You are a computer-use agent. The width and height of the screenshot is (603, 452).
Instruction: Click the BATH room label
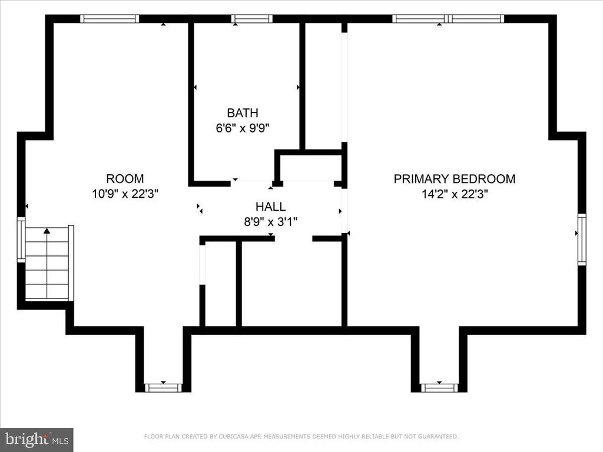pyautogui.click(x=242, y=112)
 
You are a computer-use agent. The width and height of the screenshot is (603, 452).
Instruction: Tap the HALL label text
pyautogui.click(x=271, y=207)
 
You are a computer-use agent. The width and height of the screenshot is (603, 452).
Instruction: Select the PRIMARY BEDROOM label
pyautogui.click(x=455, y=179)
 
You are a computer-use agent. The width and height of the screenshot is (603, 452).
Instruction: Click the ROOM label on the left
pyautogui.click(x=125, y=179)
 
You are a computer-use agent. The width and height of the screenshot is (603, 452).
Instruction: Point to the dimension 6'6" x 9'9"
pyautogui.click(x=242, y=128)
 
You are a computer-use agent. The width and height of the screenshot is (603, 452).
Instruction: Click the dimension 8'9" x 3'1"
pyautogui.click(x=271, y=222)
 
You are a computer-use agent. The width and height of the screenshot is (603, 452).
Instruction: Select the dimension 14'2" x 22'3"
pyautogui.click(x=455, y=194)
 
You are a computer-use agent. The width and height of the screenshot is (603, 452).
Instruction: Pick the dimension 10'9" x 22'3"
pyautogui.click(x=125, y=193)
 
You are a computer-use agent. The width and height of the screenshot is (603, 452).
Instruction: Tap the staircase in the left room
pyautogui.click(x=47, y=263)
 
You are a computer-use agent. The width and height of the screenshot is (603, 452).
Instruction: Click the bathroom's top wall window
pyautogui.click(x=252, y=19)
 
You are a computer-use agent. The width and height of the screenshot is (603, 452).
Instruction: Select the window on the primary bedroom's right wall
pyautogui.click(x=582, y=240)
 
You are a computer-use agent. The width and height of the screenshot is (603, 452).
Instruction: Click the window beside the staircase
pyautogui.click(x=21, y=240)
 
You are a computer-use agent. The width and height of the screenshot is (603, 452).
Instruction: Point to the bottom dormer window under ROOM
pyautogui.click(x=163, y=387)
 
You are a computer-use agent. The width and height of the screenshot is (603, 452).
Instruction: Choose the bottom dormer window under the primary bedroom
pyautogui.click(x=439, y=387)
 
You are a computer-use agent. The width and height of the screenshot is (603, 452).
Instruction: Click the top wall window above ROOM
pyautogui.click(x=110, y=19)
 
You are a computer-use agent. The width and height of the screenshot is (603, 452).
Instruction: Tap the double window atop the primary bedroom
pyautogui.click(x=448, y=19)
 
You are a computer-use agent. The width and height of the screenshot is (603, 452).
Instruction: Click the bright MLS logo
pyautogui.click(x=37, y=439)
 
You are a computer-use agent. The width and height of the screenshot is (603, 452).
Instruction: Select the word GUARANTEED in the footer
pyautogui.click(x=438, y=437)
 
